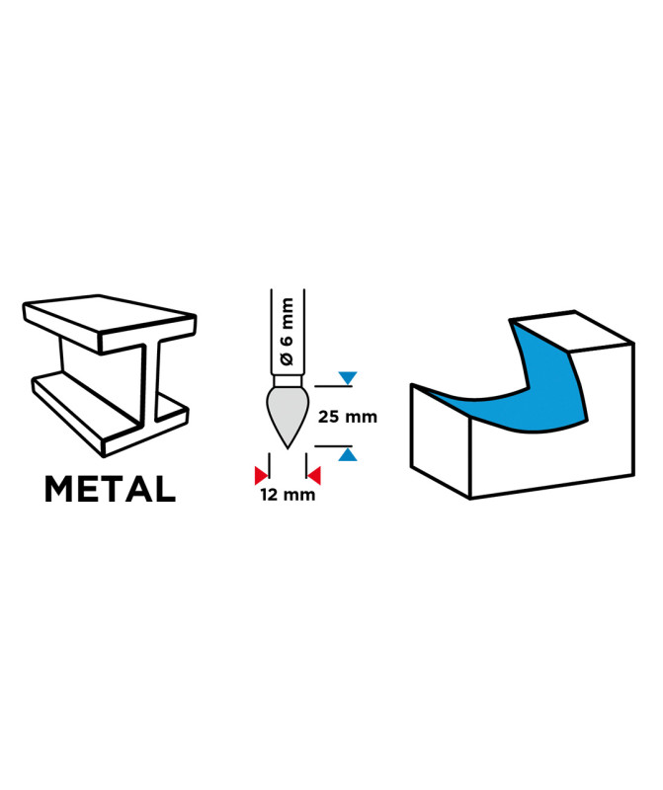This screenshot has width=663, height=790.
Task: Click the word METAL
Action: click(110, 488)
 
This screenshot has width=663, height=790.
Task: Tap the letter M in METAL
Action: click(61, 488)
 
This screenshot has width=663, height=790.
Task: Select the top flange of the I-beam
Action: click(109, 321)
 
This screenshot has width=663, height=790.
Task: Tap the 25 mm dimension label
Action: click(348, 417)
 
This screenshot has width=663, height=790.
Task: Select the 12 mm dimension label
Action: click(288, 495)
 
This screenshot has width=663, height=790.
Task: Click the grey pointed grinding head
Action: click(288, 412)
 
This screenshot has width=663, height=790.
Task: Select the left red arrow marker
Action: click(262, 474)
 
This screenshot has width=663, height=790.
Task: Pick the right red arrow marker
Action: click(313, 474)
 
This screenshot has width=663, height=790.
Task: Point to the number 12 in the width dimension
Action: click(270, 495)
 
